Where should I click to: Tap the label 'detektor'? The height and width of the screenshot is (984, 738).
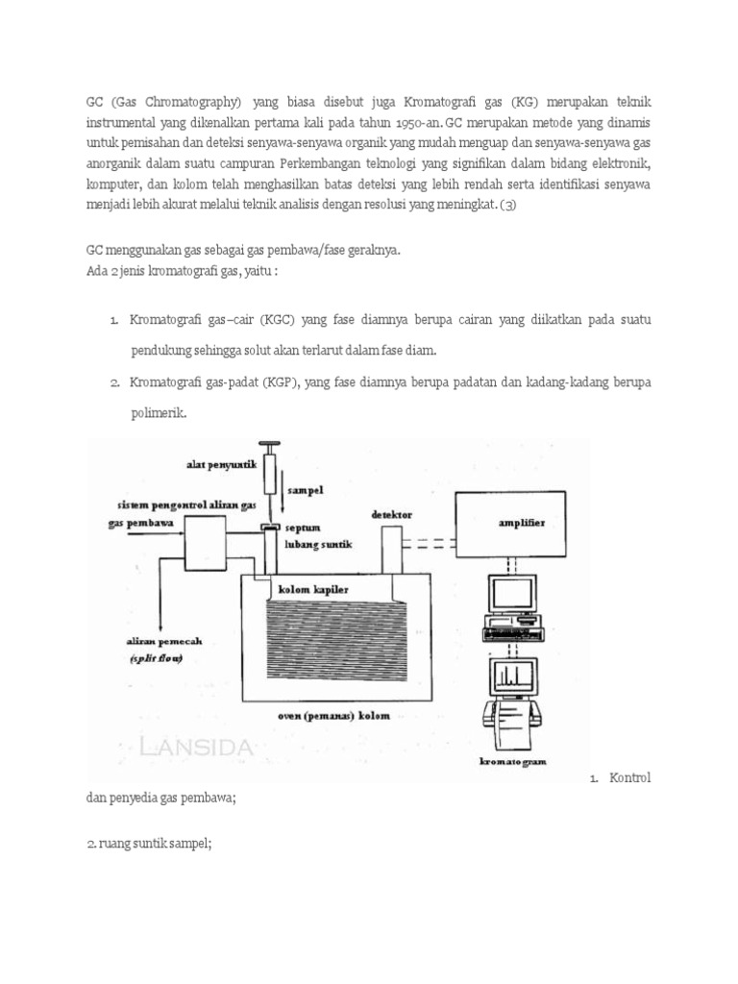click(x=392, y=516)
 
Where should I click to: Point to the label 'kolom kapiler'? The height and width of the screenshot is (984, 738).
click(x=312, y=588)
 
